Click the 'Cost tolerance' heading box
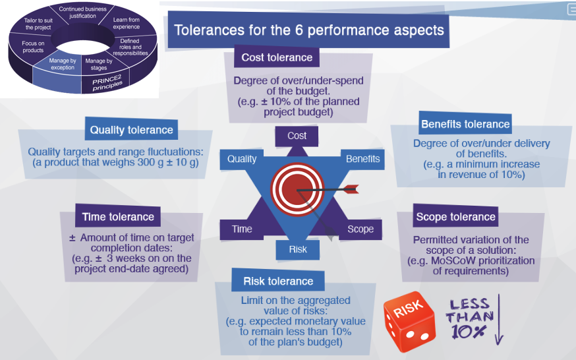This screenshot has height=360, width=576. tap(277, 57)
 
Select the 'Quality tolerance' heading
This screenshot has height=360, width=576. tap(131, 129)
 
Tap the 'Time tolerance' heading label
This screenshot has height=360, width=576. tap(118, 216)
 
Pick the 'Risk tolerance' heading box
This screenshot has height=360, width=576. tap(278, 281)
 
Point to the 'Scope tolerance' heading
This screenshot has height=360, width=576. tap(455, 216)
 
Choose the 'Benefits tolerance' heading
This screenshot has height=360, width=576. tap(465, 124)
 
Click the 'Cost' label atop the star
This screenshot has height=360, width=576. tap(297, 136)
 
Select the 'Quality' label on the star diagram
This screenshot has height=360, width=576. tap(242, 159)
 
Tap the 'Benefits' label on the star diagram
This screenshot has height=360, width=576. tap(362, 159)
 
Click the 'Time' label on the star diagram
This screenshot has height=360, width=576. tap(242, 229)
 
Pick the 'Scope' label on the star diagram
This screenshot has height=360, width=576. tap(360, 229)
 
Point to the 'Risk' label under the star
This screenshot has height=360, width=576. tap(297, 249)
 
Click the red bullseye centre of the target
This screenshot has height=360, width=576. tap(297, 189)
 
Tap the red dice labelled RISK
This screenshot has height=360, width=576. tap(409, 320)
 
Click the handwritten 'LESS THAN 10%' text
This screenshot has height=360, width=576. tap(469, 318)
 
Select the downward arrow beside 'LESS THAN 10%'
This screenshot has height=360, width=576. tap(499, 319)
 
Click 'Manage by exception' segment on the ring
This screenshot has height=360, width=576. tap(63, 65)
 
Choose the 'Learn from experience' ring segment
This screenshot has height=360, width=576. tap(126, 23)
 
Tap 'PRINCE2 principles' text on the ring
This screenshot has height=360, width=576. tap(107, 83)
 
